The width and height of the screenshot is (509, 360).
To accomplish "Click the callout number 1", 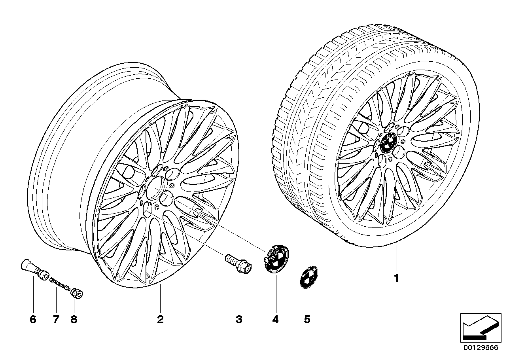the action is tap(397, 278).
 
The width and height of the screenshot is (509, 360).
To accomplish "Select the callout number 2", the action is tap(160, 320).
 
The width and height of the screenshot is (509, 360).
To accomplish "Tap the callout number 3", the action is tap(239, 320).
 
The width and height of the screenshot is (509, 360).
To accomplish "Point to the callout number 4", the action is tap(275, 320).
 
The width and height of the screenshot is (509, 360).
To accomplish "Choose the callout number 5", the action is tap(307, 320).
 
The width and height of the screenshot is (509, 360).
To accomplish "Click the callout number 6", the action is tap(33, 320).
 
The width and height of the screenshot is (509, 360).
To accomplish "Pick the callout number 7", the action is tap(56, 320).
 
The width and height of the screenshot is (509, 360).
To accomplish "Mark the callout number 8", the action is tap(74, 320).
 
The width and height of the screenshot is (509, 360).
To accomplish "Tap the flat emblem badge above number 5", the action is tap(308, 277).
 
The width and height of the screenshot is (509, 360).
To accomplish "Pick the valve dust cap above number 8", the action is tap(77, 293).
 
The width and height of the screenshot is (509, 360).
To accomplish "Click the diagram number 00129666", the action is tap(480, 354).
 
